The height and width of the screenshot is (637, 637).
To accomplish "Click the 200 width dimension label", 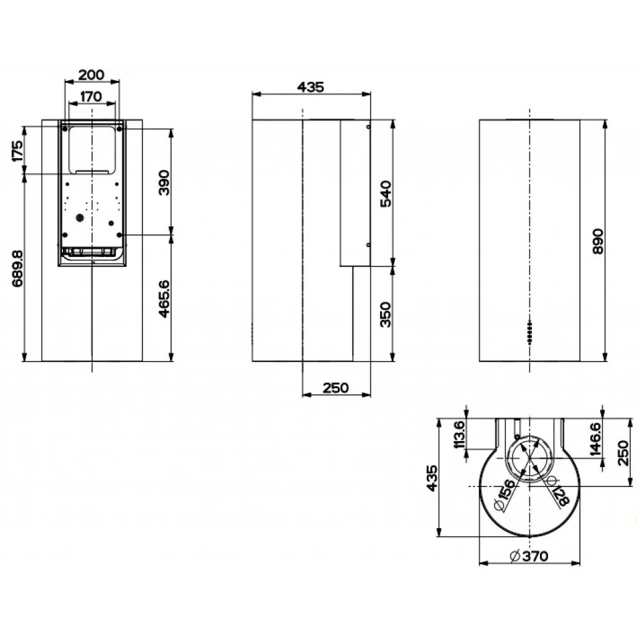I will click(x=92, y=75).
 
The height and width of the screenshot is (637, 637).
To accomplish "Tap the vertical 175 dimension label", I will click(x=18, y=151).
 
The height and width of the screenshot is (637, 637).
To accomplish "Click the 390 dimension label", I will click(x=164, y=182).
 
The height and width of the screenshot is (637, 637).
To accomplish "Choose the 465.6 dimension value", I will click(x=164, y=299).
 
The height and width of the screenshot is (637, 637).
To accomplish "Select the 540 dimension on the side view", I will click(x=386, y=194).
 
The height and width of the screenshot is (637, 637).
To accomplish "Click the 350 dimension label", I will click(x=386, y=314).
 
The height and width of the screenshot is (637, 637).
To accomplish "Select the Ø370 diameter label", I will click(x=528, y=556).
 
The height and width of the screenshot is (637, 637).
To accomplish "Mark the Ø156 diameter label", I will click(x=507, y=496).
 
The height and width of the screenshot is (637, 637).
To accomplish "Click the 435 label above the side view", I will click(x=310, y=87).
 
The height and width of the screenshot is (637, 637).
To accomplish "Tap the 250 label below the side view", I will click(x=335, y=388).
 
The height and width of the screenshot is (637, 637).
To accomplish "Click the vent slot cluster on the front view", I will click(x=529, y=332).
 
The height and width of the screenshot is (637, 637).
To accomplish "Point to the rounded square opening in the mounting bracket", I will click(x=92, y=149).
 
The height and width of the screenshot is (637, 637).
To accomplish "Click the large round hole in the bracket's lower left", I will click(x=79, y=218).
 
